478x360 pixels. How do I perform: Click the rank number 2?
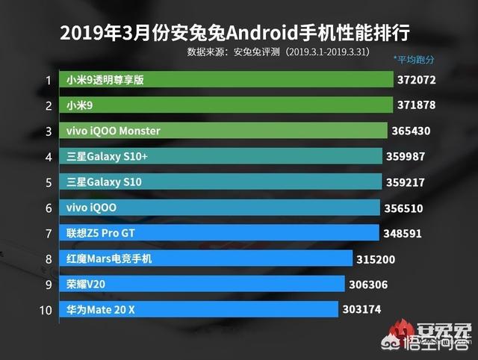[x=49, y=106]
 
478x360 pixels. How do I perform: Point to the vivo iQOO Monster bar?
[x=225, y=131]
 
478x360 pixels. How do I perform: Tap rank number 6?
[x=49, y=208]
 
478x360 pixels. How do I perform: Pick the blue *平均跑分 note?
[x=414, y=59]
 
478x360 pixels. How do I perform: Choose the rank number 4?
[x=49, y=157]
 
